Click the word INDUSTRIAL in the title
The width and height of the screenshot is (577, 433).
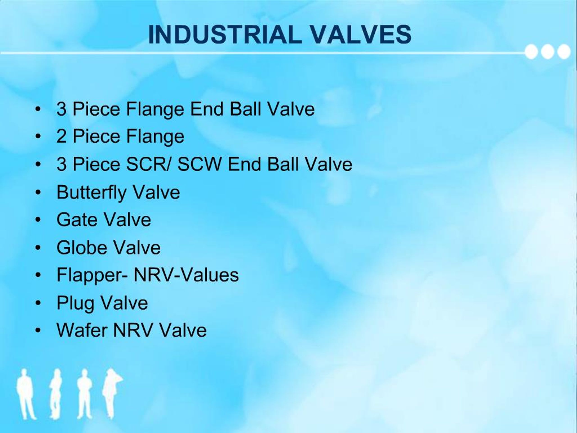225,35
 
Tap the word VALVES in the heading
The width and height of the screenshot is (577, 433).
361,35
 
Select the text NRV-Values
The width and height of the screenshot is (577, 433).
186,275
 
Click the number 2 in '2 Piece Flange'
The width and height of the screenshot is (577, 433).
61,136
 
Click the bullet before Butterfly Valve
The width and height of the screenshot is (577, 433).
38,192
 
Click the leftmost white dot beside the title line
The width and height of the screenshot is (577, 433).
531,52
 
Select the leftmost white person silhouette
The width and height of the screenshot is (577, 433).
25,394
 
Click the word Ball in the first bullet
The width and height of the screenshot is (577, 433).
245,109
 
